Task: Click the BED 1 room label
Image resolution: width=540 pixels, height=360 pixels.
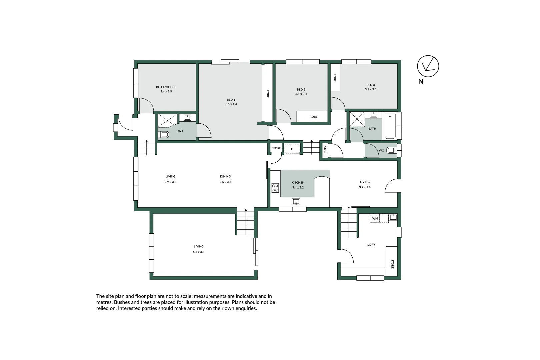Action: click(231, 100)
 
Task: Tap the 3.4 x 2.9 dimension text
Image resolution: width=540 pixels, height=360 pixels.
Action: click(166, 91)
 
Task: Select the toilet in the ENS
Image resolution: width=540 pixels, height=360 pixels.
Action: click(164, 135)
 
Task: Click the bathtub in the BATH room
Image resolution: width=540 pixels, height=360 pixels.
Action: click(390, 126)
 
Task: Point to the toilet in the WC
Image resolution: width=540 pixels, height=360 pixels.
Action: click(391, 150)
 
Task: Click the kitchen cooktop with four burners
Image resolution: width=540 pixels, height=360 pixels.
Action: click(275, 188)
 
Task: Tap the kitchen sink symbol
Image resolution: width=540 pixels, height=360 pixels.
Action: click(296, 201)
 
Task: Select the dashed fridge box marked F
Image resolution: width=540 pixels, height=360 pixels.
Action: click(292, 149)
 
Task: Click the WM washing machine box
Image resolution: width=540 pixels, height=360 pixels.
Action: click(375, 218)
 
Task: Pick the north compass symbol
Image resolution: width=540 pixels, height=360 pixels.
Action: click(428, 66)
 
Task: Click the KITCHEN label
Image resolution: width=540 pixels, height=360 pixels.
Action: click(298, 183)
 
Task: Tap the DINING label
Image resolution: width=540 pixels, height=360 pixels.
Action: click(225, 177)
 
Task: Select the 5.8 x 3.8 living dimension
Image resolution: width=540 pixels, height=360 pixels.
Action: click(199, 252)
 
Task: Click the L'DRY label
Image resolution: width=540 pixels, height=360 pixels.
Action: click(371, 245)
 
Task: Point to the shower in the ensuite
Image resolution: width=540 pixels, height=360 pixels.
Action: click(168, 120)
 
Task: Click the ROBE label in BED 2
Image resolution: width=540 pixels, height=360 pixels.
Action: click(313, 117)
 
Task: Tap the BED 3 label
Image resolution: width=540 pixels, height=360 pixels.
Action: click(370, 85)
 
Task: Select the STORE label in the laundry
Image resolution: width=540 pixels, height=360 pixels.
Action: click(392, 264)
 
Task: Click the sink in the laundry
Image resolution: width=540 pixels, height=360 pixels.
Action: click(393, 217)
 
